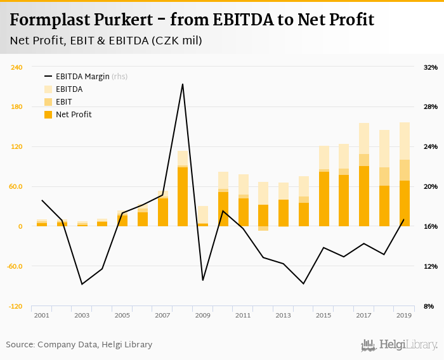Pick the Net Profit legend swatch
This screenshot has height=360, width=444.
click(48, 115)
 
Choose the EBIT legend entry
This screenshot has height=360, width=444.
click(63, 102)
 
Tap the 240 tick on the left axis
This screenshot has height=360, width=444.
click(16, 67)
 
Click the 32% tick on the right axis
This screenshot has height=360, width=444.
click(430, 67)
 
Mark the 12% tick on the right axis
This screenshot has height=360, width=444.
click(430, 266)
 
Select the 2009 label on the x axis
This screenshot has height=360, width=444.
click(203, 315)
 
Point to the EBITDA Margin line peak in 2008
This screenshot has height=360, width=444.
click(183, 84)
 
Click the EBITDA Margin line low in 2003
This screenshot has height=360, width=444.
click(82, 284)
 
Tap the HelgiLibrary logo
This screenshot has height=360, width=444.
click(400, 345)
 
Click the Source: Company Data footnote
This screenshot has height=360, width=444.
click(79, 345)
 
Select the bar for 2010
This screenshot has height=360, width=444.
click(223, 206)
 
